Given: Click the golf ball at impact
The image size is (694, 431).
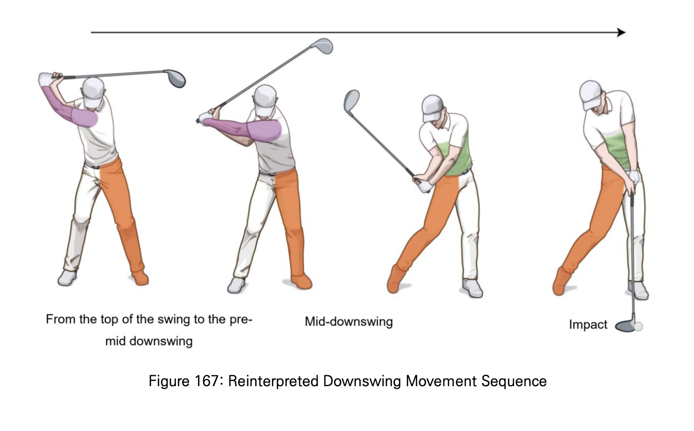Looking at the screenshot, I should [639, 326].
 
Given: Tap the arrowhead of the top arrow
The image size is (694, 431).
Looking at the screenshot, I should [621, 32].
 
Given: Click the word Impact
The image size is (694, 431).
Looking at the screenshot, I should [588, 325].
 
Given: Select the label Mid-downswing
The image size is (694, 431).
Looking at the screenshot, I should [349, 322].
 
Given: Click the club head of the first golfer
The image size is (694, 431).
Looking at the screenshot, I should [175, 78].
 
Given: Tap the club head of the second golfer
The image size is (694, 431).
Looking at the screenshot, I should [322, 45].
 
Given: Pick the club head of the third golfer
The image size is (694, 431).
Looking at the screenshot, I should [352, 100].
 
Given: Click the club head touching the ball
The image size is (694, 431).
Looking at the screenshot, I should [625, 326].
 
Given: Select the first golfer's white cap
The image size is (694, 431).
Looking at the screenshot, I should [93, 89].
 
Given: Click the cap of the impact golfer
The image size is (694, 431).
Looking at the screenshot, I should [591, 93].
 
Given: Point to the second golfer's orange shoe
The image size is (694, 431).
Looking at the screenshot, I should [302, 281].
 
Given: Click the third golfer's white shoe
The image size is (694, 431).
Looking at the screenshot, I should [472, 288].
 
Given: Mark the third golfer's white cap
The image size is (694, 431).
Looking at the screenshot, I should [432, 106].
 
